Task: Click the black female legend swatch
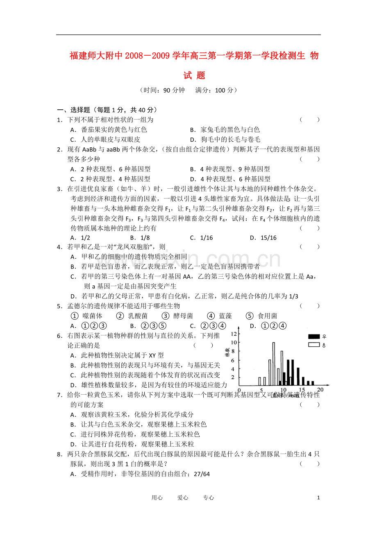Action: point(314,337)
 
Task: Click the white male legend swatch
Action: point(314,345)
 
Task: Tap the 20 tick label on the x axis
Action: point(320,390)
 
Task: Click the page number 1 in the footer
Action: point(318,498)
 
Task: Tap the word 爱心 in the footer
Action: point(183,498)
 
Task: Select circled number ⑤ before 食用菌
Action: point(250,316)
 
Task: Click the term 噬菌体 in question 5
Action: point(92,316)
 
